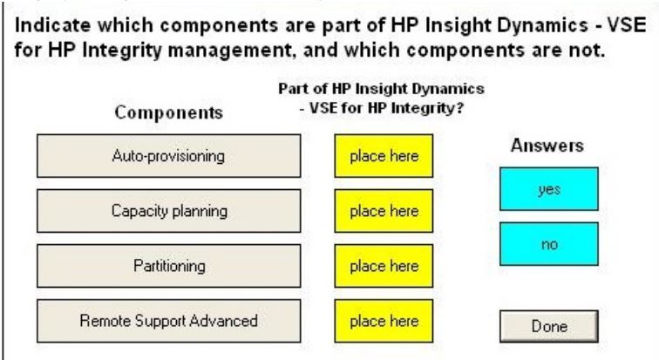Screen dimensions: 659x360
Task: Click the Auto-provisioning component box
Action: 168,156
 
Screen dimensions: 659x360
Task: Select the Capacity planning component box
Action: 168,211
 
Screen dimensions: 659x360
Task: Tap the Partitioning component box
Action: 168,266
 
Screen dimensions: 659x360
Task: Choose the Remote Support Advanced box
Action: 168,321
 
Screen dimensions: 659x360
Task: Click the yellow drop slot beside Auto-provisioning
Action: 384,156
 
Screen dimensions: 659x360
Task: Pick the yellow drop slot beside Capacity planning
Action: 384,211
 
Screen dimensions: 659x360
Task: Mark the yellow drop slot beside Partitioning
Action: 384,266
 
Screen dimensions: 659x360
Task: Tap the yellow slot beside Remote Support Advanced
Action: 384,321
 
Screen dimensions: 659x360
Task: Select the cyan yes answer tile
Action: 549,189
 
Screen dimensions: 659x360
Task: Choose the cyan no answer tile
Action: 549,244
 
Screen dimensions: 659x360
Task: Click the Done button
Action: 549,326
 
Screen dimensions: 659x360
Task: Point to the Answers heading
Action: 547,146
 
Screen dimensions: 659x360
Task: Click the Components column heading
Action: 168,112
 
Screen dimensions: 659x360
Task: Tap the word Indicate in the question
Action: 52,25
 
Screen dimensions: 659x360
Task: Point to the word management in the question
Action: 229,51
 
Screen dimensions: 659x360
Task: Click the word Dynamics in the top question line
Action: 542,25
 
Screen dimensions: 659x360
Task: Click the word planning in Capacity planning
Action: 200,211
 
